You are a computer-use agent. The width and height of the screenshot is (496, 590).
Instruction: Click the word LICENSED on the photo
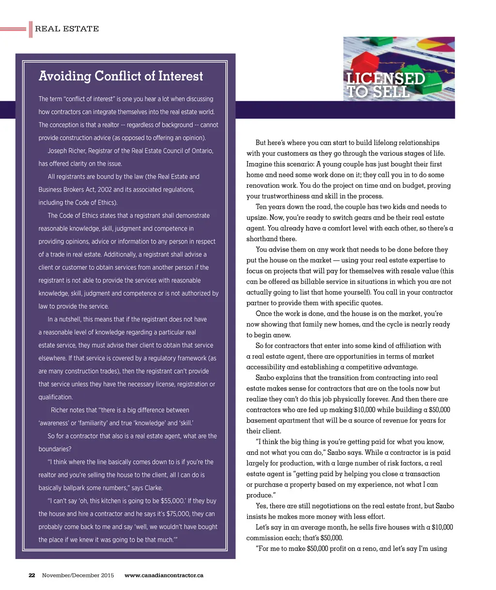pyautogui.click(x=386, y=79)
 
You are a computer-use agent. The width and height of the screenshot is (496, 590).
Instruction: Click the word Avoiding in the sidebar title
pyautogui.click(x=65, y=76)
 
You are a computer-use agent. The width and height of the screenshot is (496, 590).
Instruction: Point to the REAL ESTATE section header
pyautogui.click(x=67, y=29)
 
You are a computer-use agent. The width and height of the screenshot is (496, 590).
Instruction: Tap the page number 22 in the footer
pyautogui.click(x=32, y=575)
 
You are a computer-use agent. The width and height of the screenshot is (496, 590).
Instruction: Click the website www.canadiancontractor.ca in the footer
pyautogui.click(x=164, y=575)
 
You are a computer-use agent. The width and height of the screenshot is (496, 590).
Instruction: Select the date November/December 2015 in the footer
pyautogui.click(x=78, y=575)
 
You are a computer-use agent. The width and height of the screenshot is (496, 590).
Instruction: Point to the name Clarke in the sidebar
pyautogui.click(x=153, y=488)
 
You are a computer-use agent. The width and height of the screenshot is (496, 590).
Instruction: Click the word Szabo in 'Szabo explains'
pyautogui.click(x=265, y=378)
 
